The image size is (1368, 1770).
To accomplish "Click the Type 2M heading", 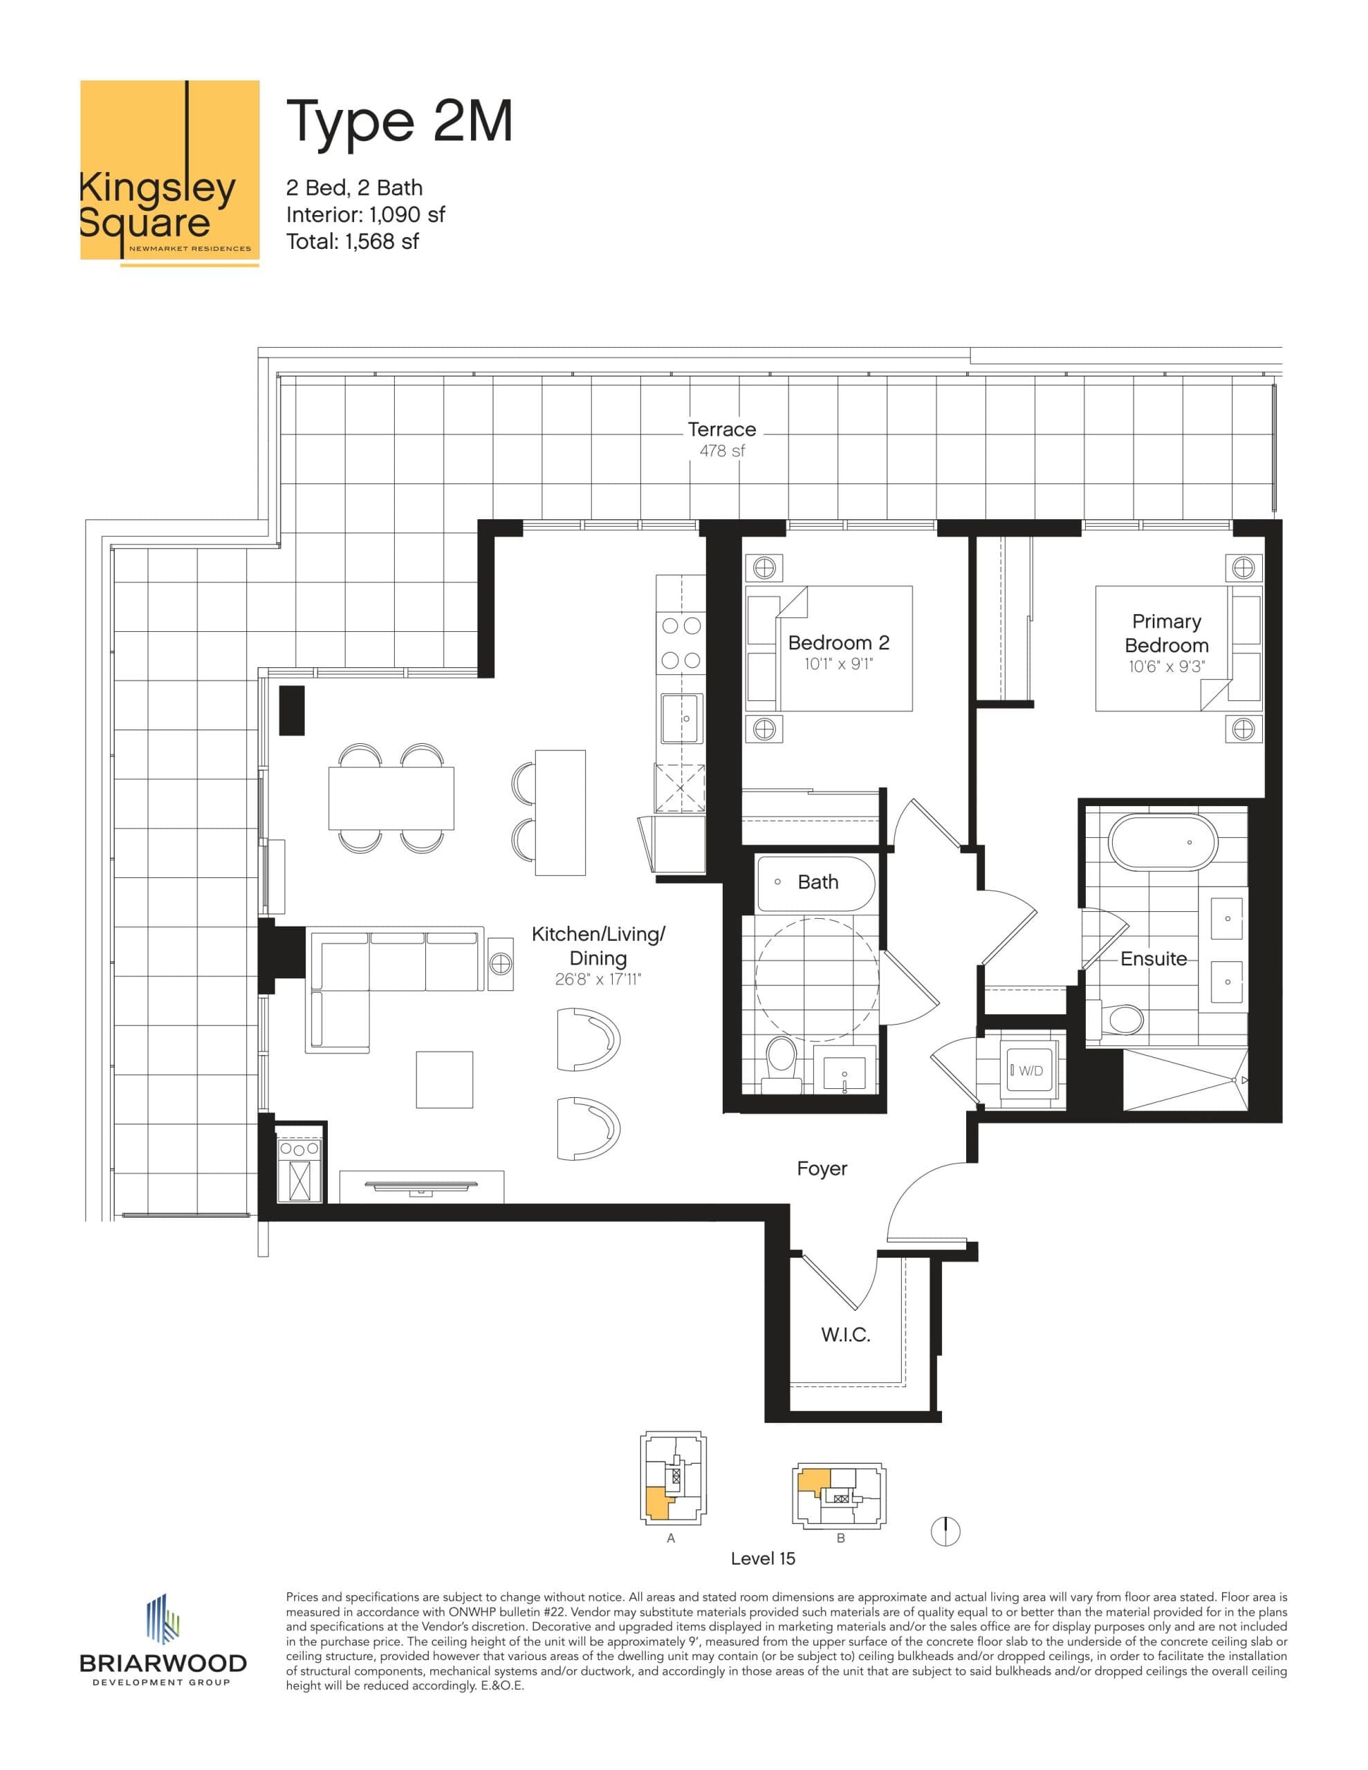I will click(x=399, y=122).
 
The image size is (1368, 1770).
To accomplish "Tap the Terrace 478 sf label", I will click(x=722, y=438).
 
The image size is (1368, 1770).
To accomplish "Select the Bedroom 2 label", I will click(x=838, y=643).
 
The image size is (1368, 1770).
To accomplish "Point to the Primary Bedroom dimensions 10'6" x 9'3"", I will click(x=1166, y=668).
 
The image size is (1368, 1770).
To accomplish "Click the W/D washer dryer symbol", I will click(x=1029, y=1070).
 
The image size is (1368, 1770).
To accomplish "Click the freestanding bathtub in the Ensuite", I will click(x=1163, y=843).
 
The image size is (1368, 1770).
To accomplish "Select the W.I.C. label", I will click(x=846, y=1335).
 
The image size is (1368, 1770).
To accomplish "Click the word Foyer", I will click(x=822, y=1168).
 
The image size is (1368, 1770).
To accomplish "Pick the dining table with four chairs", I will click(x=391, y=797).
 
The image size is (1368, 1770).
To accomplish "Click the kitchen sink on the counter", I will click(x=681, y=718).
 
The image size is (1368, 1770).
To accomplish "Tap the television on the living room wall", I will click(x=421, y=1186).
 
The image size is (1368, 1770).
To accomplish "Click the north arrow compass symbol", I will click(x=945, y=1531).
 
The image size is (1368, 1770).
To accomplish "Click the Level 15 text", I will click(x=762, y=1558).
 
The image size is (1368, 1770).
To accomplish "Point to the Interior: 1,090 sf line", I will click(x=365, y=215).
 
